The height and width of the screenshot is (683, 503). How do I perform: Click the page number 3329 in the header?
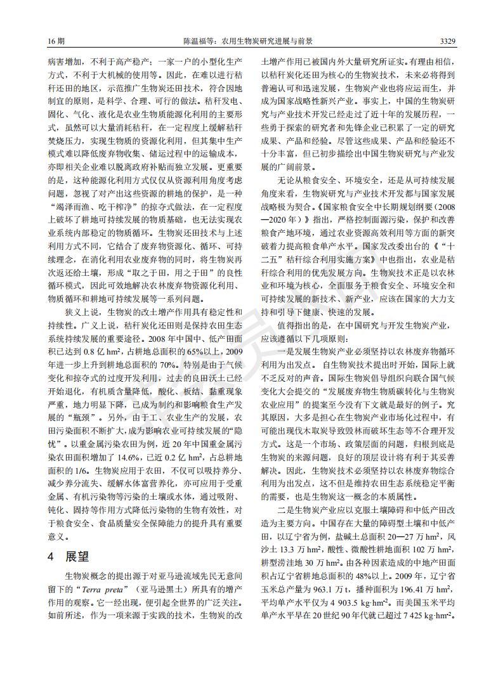click(447, 41)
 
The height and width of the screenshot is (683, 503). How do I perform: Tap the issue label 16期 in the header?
click(56, 41)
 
